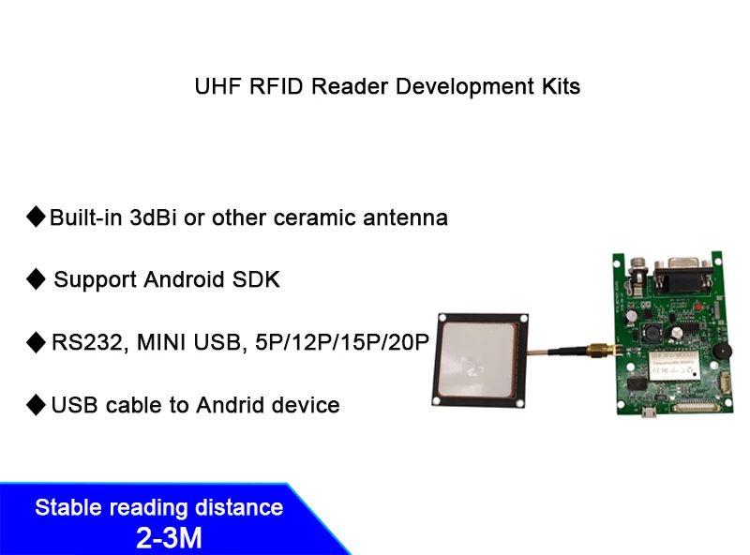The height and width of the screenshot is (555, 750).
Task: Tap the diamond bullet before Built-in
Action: click(36, 217)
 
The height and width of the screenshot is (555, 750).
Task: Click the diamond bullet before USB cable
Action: click(36, 405)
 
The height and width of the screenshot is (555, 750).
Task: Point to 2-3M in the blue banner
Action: click(169, 538)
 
